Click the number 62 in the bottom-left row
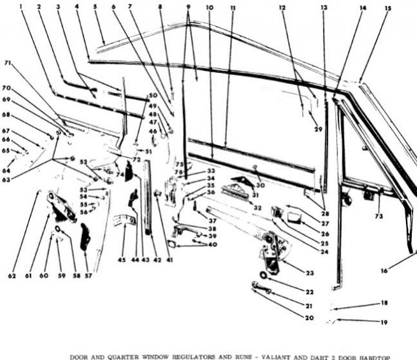(x=12, y=275)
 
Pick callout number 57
(x=88, y=275)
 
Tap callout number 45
(x=123, y=260)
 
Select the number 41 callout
(x=170, y=260)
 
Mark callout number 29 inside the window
(x=318, y=130)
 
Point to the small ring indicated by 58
(x=59, y=229)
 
